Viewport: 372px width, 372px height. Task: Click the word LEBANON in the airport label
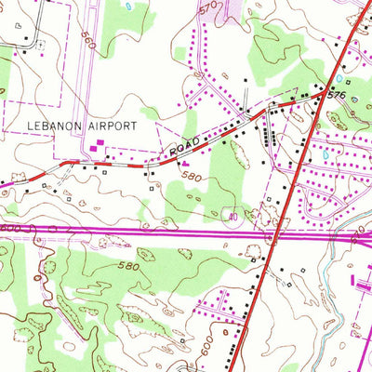tap(39, 125)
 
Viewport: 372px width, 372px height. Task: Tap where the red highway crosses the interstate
tap(275, 232)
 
